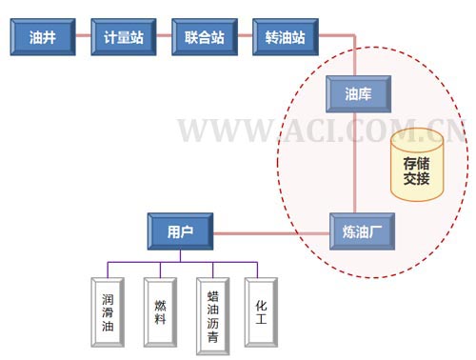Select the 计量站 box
(122, 38)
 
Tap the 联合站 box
(205, 38)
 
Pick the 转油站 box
(286, 38)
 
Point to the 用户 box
(180, 230)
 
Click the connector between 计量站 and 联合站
(163, 38)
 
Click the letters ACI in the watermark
(324, 131)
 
